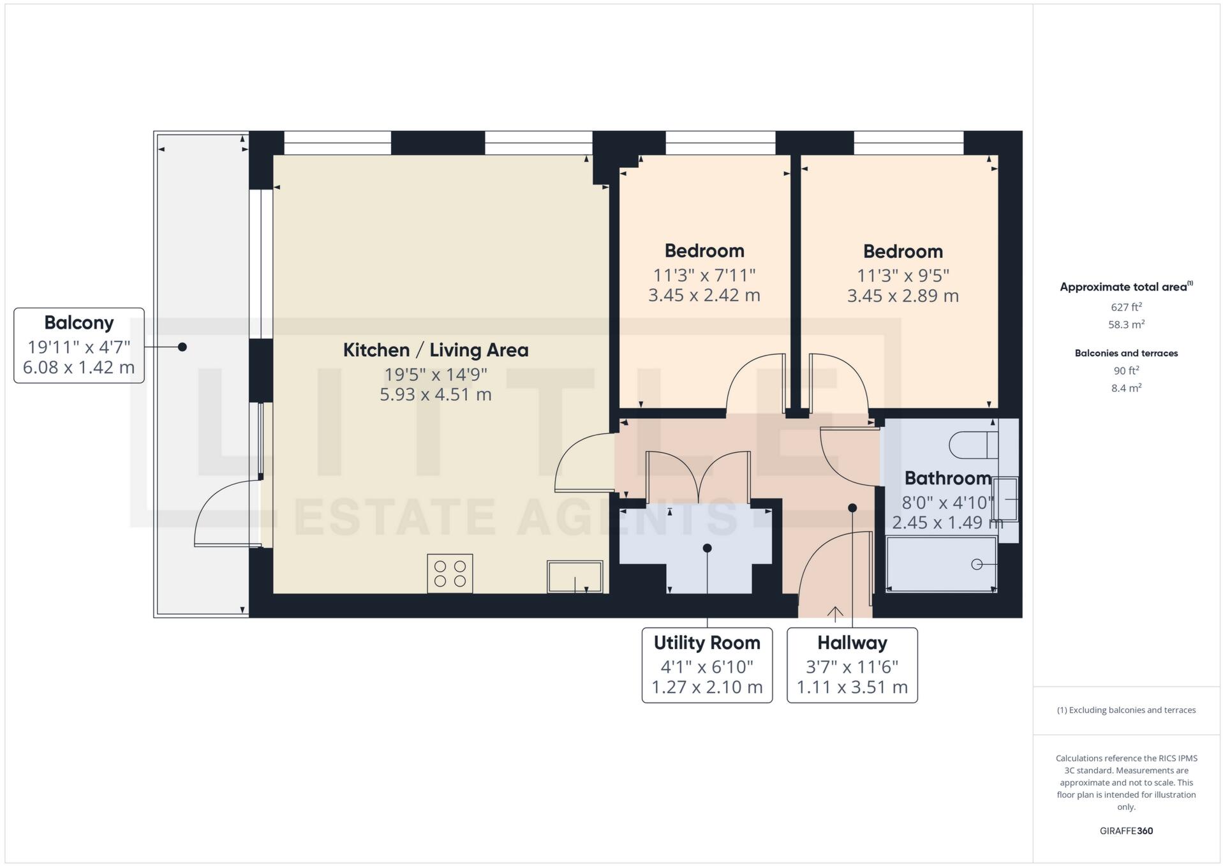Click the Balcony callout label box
(x=79, y=345)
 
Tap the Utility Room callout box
(x=706, y=664)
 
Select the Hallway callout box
(x=852, y=664)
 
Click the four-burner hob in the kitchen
(x=450, y=573)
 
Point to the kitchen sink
(x=574, y=576)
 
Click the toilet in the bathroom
(x=973, y=445)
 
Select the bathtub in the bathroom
(x=941, y=564)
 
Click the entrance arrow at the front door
(x=835, y=613)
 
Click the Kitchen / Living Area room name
(x=436, y=350)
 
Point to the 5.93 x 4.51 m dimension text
(x=436, y=394)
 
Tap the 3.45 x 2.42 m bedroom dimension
(x=704, y=295)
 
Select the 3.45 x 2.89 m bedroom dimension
(x=903, y=296)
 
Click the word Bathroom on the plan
(x=947, y=478)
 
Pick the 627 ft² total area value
(x=1126, y=307)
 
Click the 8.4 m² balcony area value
(x=1126, y=388)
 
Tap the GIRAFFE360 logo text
(x=1126, y=831)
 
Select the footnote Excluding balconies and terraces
(x=1126, y=710)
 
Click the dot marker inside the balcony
(x=182, y=347)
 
